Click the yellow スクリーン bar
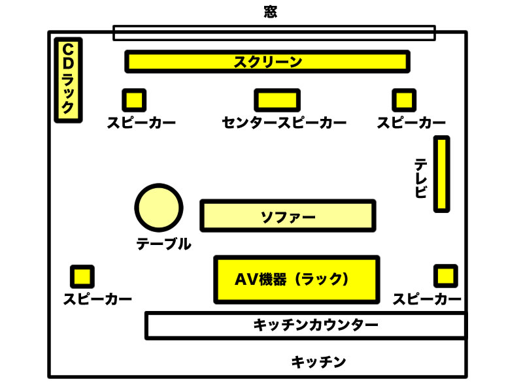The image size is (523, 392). [267, 61]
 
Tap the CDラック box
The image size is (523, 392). [68, 78]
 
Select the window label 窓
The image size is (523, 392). [269, 12]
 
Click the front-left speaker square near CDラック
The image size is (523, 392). [133, 99]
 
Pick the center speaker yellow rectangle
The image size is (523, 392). [277, 99]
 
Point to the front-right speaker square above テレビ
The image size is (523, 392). [403, 99]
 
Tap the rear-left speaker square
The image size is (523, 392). [82, 276]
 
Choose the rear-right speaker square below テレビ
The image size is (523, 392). [446, 275]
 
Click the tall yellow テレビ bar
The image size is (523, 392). [443, 174]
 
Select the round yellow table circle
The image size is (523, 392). [159, 207]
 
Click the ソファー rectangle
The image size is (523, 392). [288, 216]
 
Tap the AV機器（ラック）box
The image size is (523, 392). [296, 279]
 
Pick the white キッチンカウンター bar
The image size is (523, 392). [305, 325]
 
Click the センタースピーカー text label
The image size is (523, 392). [284, 123]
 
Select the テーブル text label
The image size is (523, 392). [163, 244]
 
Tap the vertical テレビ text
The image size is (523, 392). [421, 178]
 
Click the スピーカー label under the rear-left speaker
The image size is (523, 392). [97, 299]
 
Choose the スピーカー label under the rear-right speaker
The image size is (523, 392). [427, 299]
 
